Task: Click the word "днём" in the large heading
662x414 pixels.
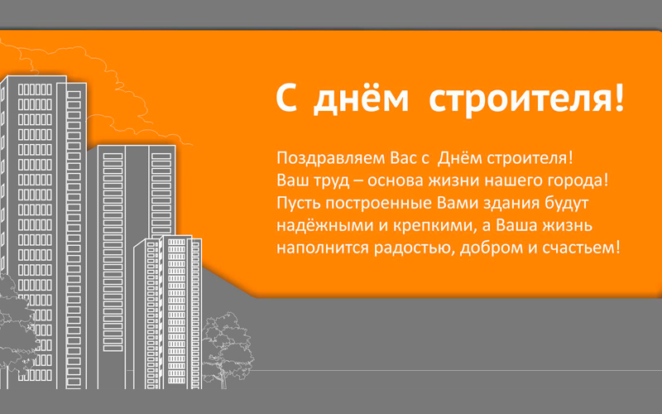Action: point(362,99)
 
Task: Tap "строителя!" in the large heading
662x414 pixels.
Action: point(526,99)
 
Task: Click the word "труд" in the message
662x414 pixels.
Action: point(332,181)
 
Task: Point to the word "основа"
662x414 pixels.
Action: point(396,181)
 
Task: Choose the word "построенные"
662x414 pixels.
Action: point(379,204)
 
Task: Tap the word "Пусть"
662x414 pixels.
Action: point(299,204)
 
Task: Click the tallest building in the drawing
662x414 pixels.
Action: point(44,233)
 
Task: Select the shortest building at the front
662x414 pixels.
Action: point(168,312)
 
